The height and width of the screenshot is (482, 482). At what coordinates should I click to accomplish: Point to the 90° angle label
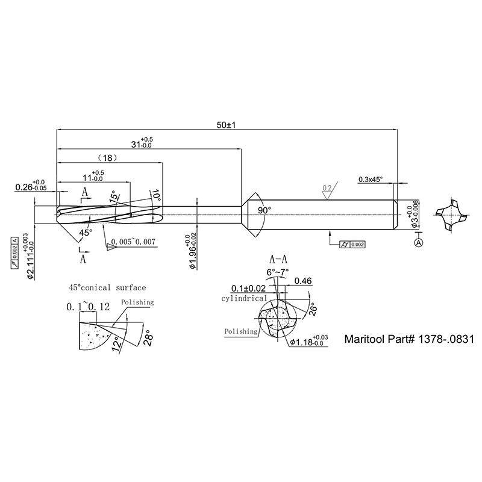pos(264,210)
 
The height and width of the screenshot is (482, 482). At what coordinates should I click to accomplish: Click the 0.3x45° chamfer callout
pos(371,180)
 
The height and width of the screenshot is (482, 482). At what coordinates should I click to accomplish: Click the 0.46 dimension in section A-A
pos(303,281)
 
